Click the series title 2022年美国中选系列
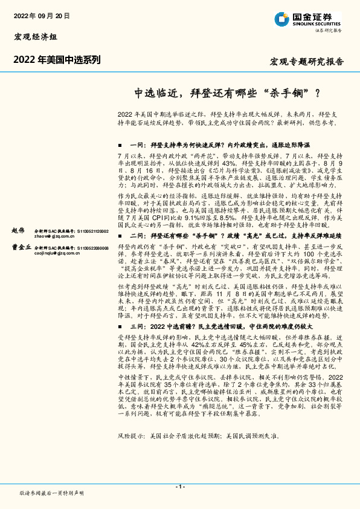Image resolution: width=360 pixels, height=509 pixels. coord(57,59)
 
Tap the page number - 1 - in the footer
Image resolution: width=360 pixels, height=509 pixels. coord(179,487)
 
